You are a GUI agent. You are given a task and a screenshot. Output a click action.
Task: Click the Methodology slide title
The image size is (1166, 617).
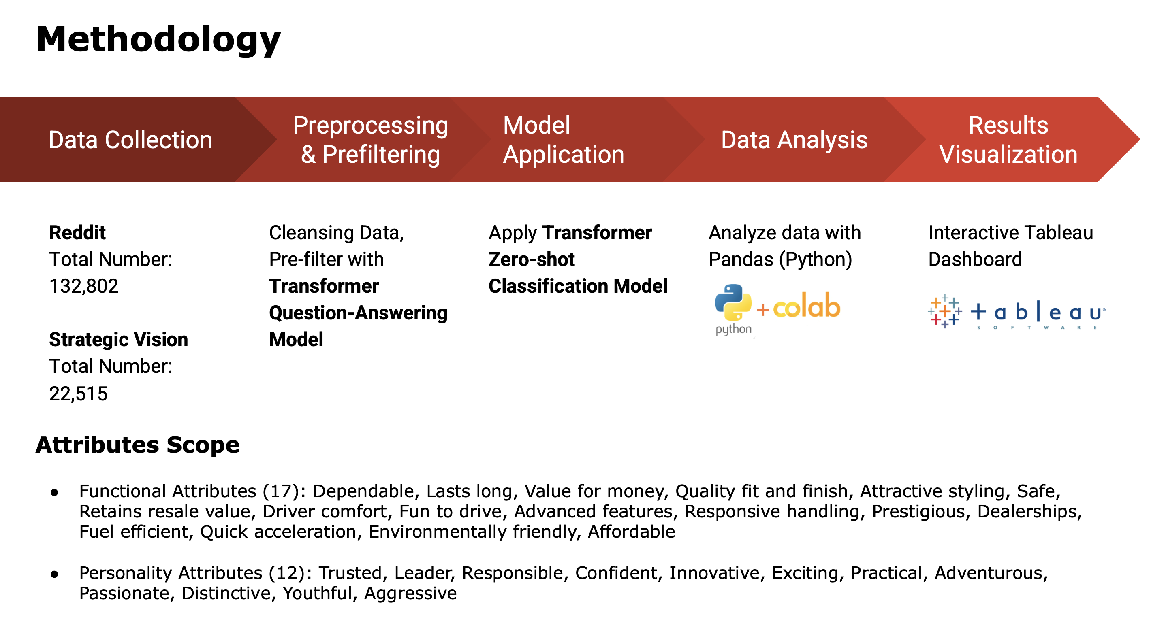(x=158, y=40)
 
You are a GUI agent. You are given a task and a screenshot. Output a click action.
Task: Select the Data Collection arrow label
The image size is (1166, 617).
(x=130, y=140)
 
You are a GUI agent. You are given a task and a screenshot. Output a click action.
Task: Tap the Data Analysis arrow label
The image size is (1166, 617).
(x=794, y=140)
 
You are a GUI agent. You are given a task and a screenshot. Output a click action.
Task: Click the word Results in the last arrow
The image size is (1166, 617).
(x=1008, y=125)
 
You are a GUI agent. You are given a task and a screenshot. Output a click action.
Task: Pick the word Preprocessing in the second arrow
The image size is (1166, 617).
(x=370, y=125)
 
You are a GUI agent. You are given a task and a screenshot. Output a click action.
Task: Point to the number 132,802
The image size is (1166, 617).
(x=84, y=286)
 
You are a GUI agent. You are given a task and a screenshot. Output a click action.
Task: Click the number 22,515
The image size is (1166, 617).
(x=78, y=394)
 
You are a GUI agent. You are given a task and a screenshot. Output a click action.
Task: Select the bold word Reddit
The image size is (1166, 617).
(x=77, y=232)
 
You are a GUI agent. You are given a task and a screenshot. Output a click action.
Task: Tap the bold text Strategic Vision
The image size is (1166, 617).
(x=119, y=339)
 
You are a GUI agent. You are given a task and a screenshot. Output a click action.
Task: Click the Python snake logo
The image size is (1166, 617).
(x=733, y=302)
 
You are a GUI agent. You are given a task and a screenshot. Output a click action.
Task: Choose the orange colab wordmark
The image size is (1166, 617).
(x=806, y=306)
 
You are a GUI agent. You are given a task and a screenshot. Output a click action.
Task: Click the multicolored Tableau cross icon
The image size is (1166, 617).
(x=944, y=311)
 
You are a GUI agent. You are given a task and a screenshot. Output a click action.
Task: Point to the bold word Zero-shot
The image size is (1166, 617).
(x=532, y=259)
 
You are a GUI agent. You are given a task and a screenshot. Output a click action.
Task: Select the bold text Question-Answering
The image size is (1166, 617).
(x=358, y=313)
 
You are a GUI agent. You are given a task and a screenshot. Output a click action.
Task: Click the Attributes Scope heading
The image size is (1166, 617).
(x=138, y=445)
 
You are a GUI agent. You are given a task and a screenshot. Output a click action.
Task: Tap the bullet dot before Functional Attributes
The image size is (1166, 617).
(x=55, y=493)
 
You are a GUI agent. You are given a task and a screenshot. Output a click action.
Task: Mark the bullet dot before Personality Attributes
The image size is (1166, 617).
(x=55, y=574)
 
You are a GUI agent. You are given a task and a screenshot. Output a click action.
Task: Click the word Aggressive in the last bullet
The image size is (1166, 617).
(x=410, y=593)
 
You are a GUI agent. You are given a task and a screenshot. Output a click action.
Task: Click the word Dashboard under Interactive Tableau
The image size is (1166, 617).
(x=975, y=259)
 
